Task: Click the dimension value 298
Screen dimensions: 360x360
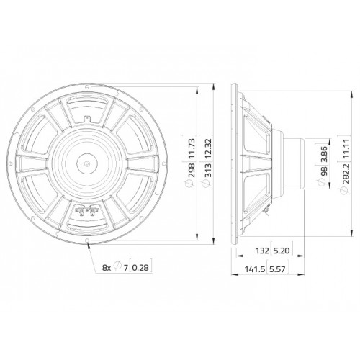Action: (x=192, y=170)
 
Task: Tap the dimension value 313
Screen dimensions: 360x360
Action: (x=208, y=170)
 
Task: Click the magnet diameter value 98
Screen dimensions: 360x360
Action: (x=323, y=171)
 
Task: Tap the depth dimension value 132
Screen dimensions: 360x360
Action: (x=262, y=251)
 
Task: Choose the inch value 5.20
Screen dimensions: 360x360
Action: (x=282, y=251)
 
